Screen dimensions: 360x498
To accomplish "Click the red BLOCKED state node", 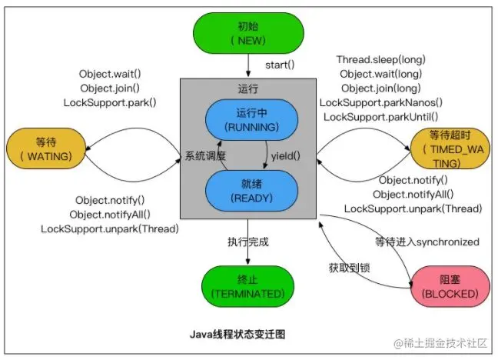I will [449, 285].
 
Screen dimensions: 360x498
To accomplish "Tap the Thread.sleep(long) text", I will [380, 60].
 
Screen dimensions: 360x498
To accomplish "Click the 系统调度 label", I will [205, 156].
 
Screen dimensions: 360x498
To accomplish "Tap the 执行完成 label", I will [247, 242].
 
